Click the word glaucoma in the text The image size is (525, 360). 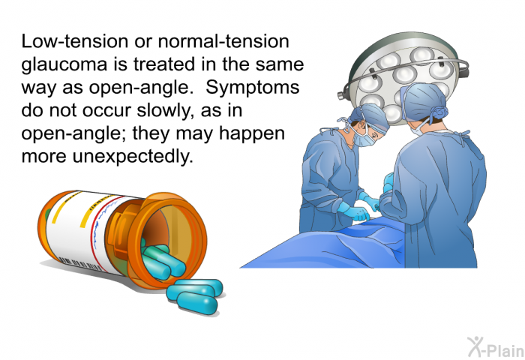pos(64,64)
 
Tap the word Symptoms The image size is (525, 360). pos(253,88)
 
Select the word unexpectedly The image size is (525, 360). pos(133,157)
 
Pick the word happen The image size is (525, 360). pos(252,134)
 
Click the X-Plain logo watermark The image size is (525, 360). pos(496,347)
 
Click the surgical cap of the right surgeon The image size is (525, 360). pos(424,100)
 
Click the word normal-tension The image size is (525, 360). pos(223,41)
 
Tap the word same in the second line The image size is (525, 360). pos(280,64)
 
